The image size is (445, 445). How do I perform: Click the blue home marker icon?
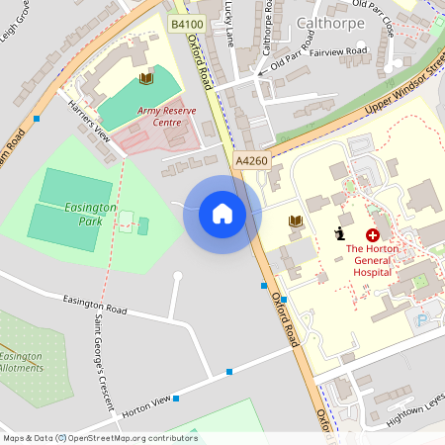(222, 213)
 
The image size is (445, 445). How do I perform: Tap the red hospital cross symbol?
(373, 235)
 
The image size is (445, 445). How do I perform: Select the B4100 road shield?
(186, 22)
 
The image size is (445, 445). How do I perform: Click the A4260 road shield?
(250, 158)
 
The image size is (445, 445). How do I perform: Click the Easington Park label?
(91, 214)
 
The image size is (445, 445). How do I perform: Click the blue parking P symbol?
(424, 320)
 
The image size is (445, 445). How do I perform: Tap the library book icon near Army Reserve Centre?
(146, 77)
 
